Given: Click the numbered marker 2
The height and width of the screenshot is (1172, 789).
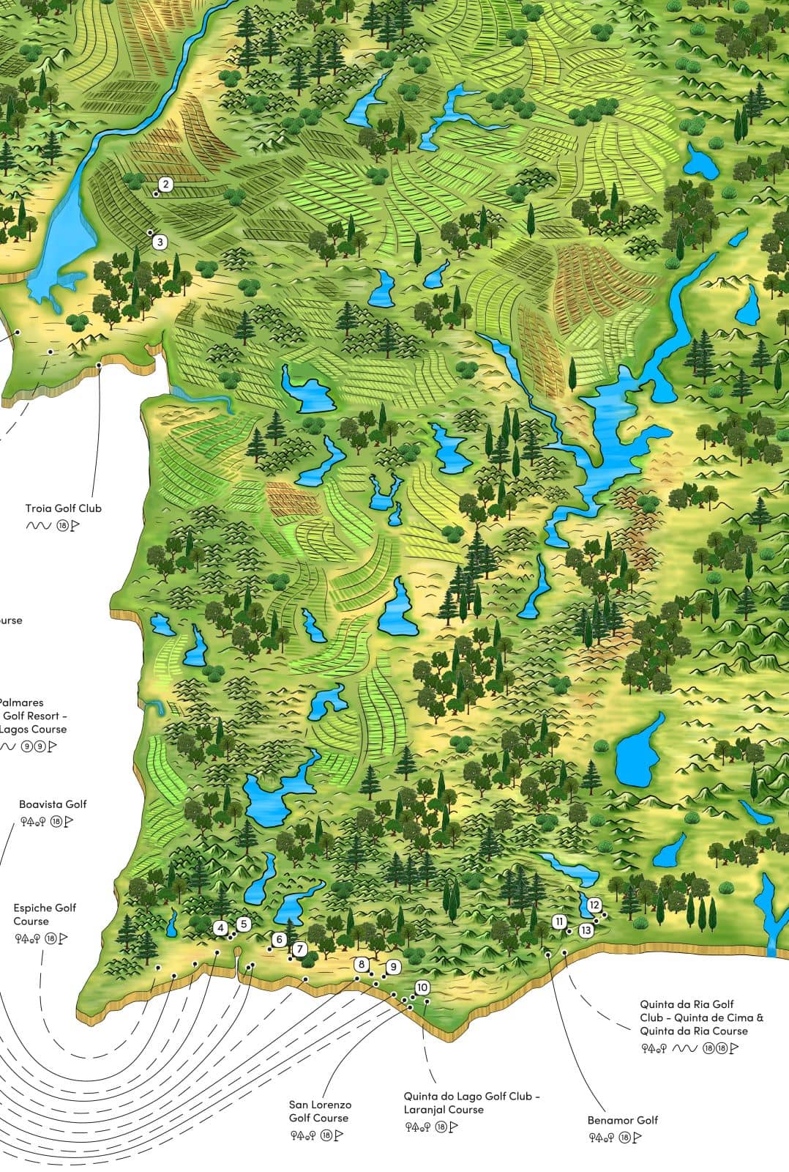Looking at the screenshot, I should tap(166, 185).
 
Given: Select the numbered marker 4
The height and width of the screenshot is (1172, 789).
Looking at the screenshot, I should tap(221, 927).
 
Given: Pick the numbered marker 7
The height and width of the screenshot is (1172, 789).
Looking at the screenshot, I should tap(300, 949).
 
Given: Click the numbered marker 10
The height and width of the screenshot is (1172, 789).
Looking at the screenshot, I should tap(422, 987).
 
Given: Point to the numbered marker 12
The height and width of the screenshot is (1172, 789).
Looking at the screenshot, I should tap(594, 905).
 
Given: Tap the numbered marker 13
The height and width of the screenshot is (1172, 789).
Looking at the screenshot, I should tap(586, 930).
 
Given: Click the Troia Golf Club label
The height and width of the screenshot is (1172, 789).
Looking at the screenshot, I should tap(64, 508).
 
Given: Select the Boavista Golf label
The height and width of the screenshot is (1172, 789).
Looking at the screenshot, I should tap(53, 804).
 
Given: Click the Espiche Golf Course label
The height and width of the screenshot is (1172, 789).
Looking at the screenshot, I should tap(45, 914).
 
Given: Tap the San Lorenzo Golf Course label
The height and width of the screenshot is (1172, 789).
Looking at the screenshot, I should tap(320, 1111).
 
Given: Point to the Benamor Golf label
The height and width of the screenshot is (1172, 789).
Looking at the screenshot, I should tap(622, 1120).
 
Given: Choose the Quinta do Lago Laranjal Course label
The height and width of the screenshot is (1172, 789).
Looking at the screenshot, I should tap(471, 1103).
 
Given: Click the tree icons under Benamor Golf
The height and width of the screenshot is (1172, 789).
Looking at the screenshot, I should tap(601, 1138).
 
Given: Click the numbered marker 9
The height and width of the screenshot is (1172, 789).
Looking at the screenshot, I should tap(393, 967).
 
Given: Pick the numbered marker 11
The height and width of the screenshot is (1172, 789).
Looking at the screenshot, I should tap(560, 921).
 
